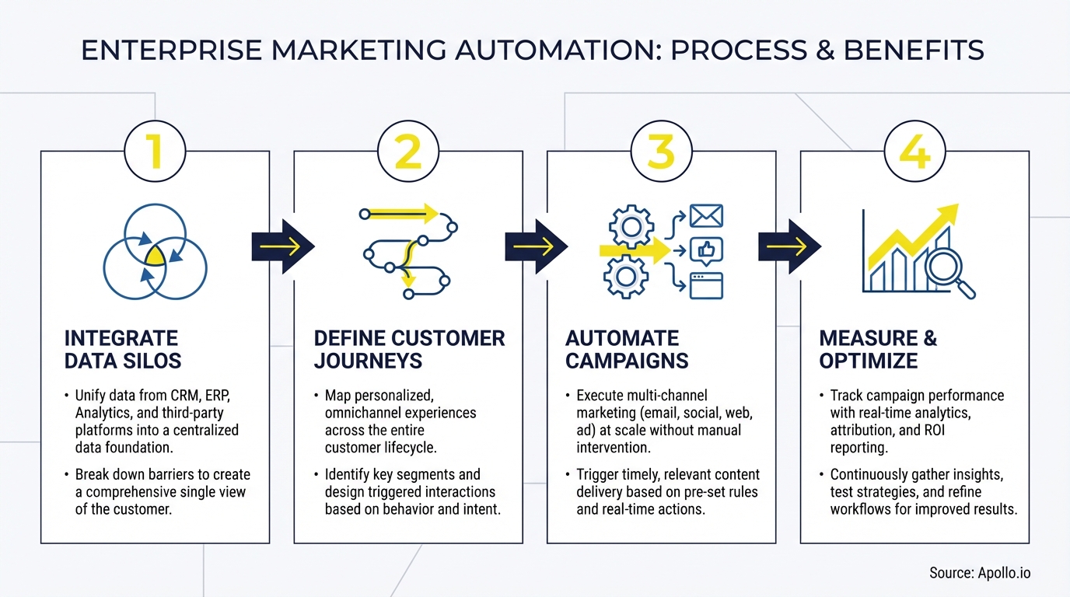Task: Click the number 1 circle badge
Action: [155, 152]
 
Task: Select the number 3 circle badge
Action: [661, 152]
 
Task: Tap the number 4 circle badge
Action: [914, 152]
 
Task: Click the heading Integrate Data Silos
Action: [122, 349]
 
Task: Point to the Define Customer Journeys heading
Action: [409, 349]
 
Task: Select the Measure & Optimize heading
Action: [878, 349]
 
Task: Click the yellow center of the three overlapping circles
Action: [156, 256]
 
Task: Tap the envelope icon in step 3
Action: [706, 216]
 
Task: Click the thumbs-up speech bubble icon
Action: [706, 250]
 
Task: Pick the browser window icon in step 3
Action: [706, 285]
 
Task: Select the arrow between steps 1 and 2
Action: [282, 246]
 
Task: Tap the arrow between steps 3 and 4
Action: [789, 246]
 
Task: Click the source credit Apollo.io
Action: [980, 573]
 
